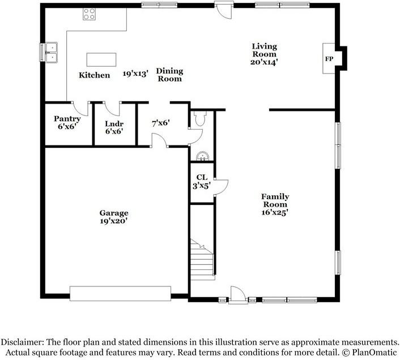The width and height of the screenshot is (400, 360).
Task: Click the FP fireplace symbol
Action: (x=329, y=59)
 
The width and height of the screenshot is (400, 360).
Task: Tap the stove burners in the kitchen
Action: (x=90, y=14)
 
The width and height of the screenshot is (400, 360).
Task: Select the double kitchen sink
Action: (x=51, y=52)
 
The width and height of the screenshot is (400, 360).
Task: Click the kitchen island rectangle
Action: (x=101, y=59)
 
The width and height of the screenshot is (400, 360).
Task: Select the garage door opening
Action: (x=120, y=293)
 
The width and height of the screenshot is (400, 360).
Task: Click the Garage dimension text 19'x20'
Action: (x=114, y=221)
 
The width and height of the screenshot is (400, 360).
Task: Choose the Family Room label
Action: (x=275, y=200)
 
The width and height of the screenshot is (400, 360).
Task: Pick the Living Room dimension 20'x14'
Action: (x=263, y=62)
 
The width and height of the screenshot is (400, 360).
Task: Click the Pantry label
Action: (x=67, y=119)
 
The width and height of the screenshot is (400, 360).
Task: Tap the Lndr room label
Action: (x=114, y=123)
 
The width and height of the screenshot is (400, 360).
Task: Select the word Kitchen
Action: (x=94, y=75)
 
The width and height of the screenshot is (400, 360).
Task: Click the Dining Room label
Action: (x=169, y=75)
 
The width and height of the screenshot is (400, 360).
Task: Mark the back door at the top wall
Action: (x=224, y=10)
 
